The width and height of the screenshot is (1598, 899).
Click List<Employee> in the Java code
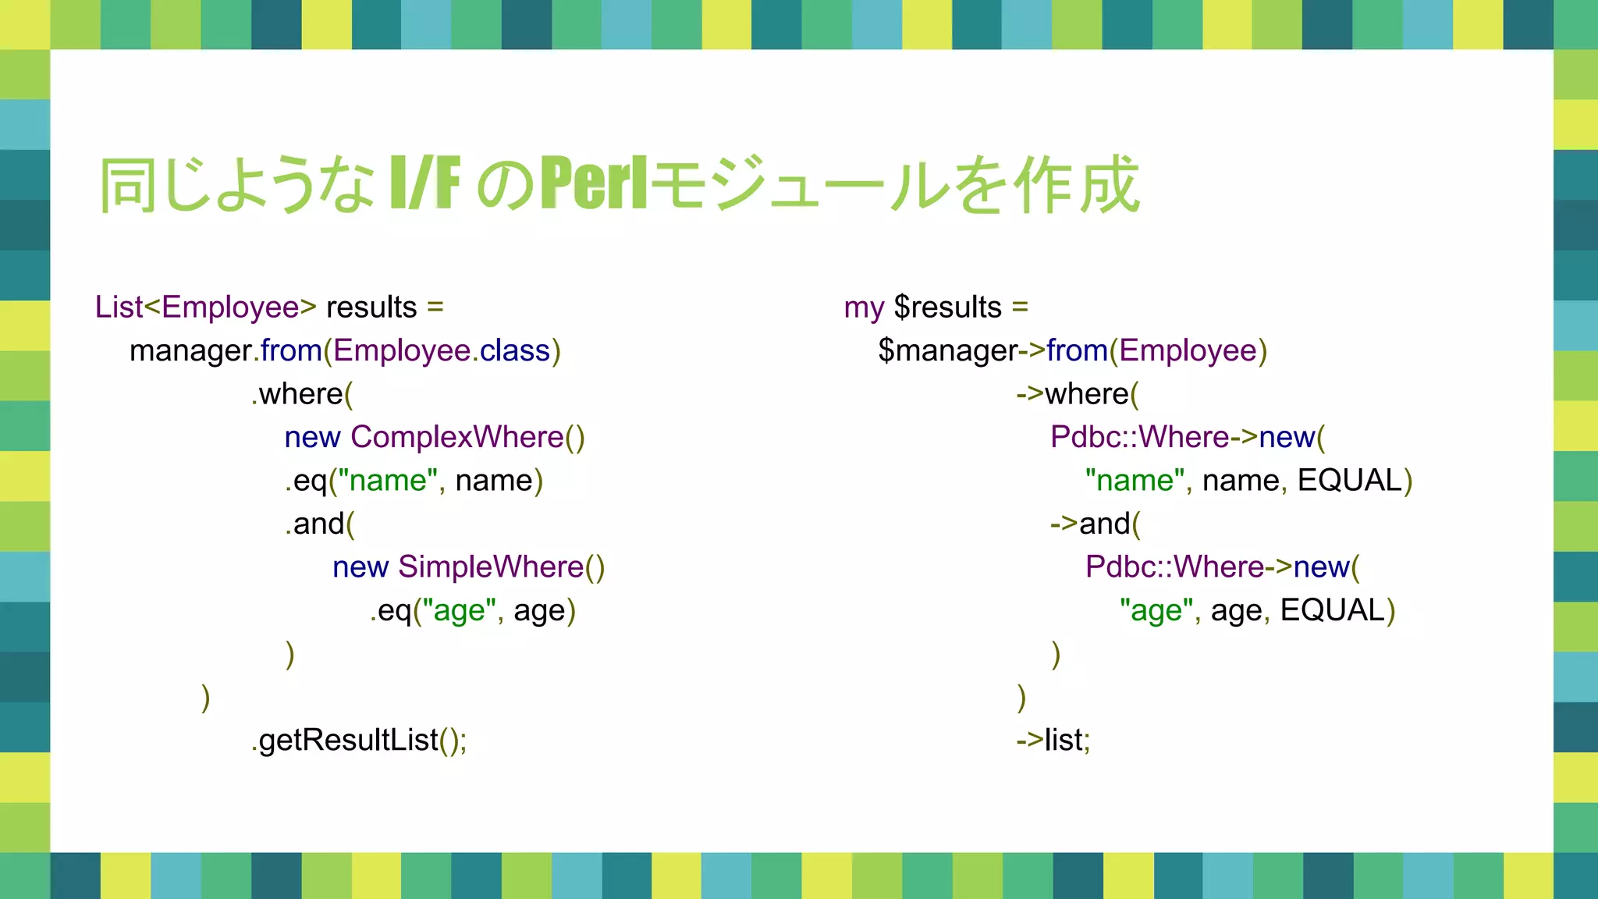(205, 307)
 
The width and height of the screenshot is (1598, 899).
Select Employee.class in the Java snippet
(442, 351)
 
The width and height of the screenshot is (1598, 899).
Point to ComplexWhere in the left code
(457, 437)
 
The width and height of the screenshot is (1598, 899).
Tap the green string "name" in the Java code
(388, 481)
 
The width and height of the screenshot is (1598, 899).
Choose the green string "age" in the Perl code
(1157, 610)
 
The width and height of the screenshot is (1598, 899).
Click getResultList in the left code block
(349, 740)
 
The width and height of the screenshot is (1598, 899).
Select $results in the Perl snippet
(947, 307)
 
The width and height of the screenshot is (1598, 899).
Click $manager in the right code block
(948, 351)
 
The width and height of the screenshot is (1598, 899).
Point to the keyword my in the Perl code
(864, 307)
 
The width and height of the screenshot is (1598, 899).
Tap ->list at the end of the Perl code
(1053, 740)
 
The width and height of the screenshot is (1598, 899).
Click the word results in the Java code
(371, 307)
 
